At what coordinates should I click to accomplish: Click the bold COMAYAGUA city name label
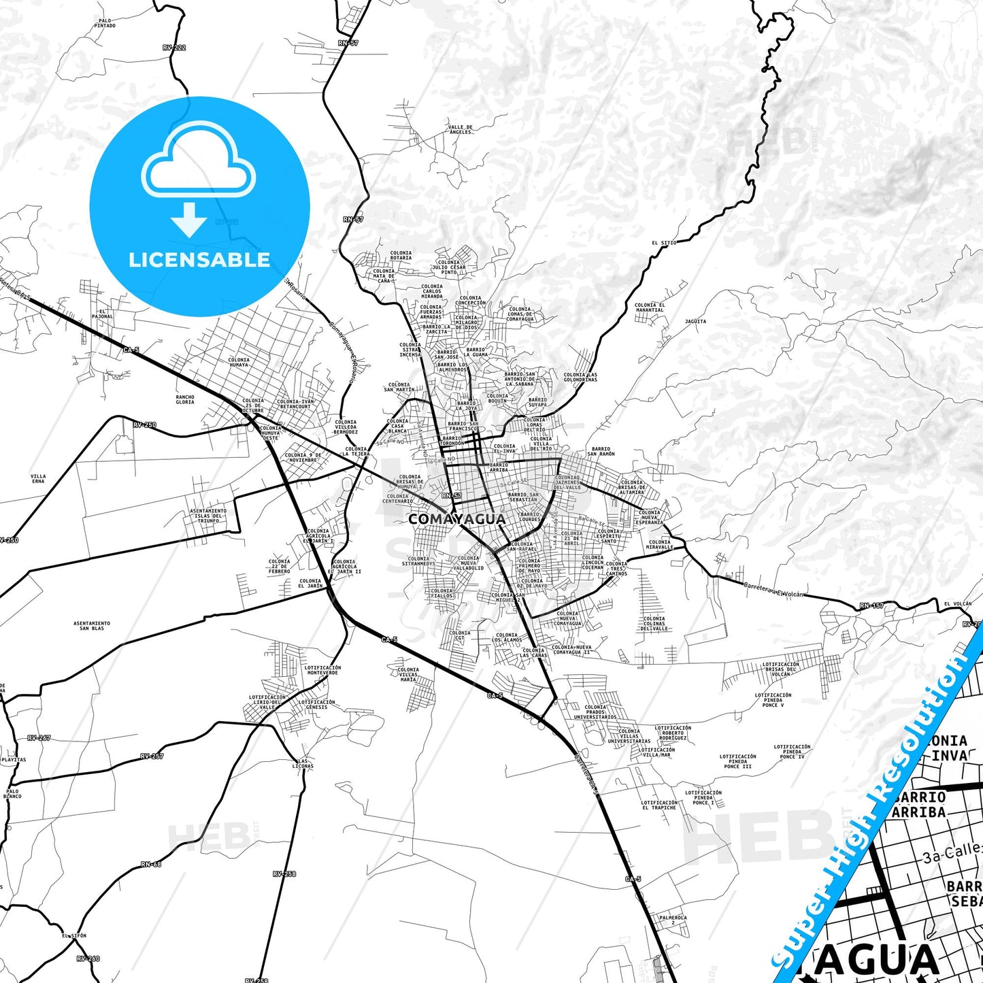456,519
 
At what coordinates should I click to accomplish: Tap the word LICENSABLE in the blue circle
199,260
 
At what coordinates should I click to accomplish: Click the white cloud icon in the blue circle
198,161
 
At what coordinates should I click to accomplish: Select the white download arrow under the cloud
189,220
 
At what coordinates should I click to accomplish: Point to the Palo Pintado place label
105,23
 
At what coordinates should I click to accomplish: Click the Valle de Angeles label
460,129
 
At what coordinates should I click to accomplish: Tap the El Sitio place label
664,243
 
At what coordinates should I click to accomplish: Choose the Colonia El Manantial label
649,307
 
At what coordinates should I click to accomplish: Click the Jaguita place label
695,322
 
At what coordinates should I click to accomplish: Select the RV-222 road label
174,48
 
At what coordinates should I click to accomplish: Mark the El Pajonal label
103,314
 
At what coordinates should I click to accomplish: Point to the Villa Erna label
38,478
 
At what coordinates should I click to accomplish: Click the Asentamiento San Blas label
92,625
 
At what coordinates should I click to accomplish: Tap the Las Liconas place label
303,763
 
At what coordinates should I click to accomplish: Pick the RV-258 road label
284,873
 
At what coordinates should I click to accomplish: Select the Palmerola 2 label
673,920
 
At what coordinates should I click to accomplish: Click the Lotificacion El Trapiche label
659,805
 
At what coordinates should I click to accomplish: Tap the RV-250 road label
144,425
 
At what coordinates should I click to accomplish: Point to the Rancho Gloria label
185,399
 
